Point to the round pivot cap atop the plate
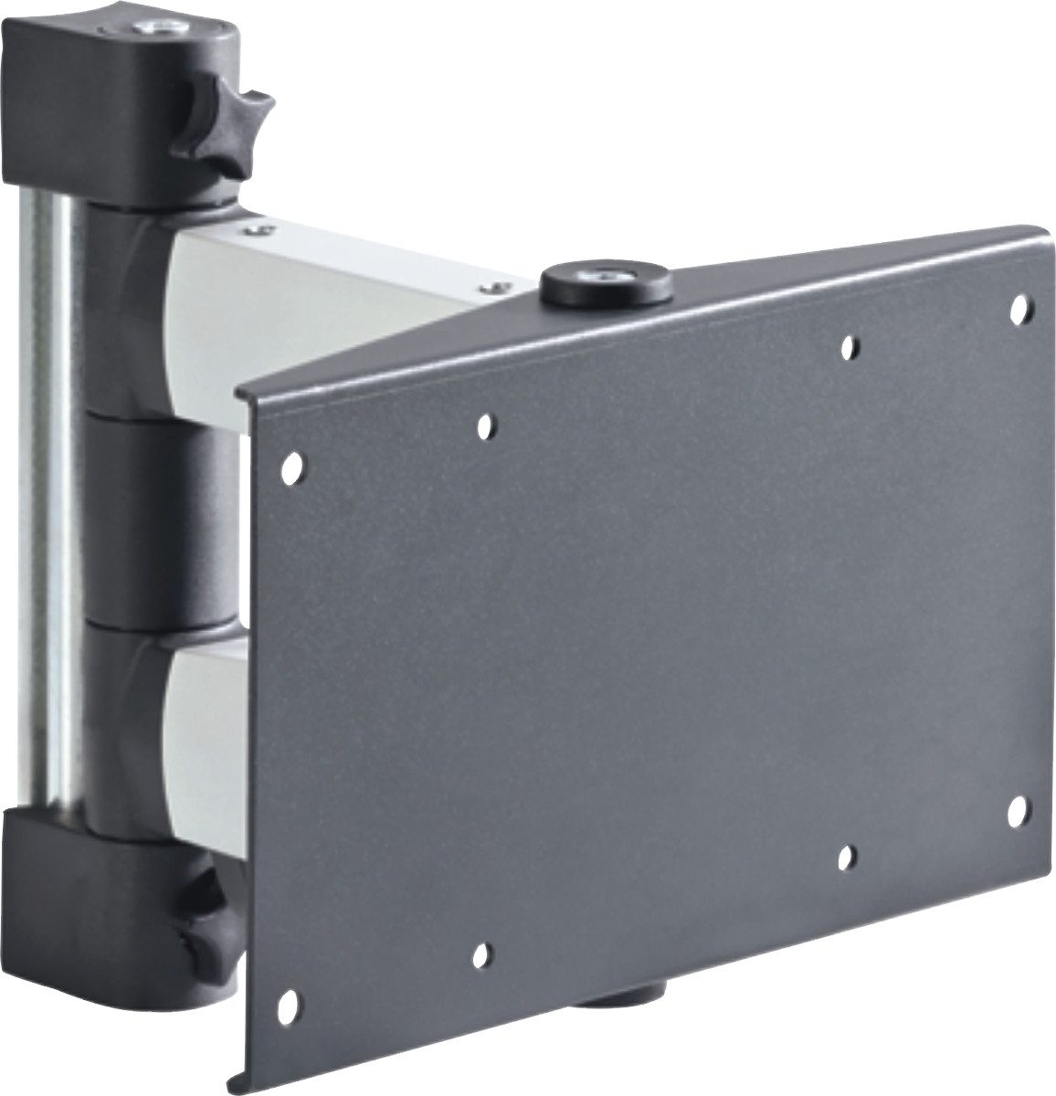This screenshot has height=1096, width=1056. click(x=607, y=286)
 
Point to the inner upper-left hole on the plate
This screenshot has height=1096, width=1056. click(x=485, y=425)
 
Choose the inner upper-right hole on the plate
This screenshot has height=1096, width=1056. click(x=849, y=345)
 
